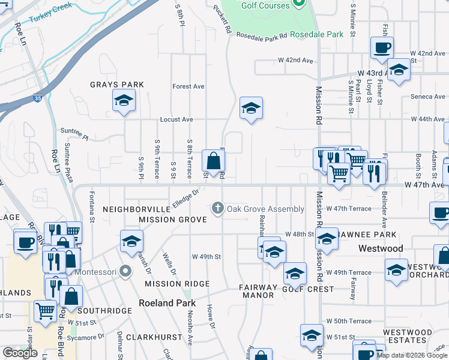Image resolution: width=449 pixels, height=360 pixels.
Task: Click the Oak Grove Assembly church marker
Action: click(217, 209)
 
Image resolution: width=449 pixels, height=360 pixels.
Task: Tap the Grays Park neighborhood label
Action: click(117, 85)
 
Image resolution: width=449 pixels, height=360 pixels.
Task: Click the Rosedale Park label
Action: click(316, 34)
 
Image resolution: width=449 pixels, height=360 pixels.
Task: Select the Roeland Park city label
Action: click(164, 303)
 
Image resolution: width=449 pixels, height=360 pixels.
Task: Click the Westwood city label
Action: click(381, 248)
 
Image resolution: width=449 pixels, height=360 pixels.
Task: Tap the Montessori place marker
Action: click(125, 271)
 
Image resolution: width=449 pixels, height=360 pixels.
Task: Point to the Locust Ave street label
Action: click(176, 119)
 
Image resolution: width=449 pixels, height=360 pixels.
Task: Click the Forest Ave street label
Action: click(188, 86)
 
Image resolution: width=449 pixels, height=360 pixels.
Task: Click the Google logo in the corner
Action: click(20, 353)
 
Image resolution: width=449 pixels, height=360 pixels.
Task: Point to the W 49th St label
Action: click(206, 256)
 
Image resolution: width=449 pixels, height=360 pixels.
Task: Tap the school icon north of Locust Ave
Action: click(251, 109)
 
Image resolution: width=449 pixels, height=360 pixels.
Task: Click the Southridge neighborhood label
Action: click(104, 311)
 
